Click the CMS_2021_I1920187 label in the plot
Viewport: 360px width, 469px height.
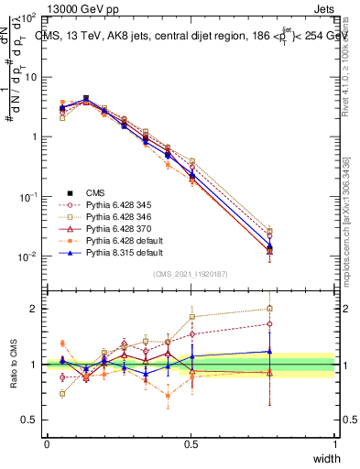(x=191, y=274)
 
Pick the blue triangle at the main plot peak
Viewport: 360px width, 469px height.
(x=86, y=99)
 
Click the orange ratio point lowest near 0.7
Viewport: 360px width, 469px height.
(x=168, y=396)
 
